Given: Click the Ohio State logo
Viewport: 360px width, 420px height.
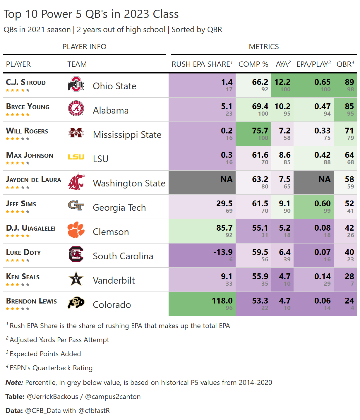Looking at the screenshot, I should point(76,84).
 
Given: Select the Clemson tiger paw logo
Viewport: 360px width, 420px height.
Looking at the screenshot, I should point(76,230).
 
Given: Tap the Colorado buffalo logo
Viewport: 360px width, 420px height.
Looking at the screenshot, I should point(76,303).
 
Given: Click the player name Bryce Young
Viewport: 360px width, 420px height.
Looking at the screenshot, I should point(28,107).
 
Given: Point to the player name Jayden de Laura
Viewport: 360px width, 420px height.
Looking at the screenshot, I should point(34,179).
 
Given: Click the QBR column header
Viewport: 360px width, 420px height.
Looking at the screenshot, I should point(345,64).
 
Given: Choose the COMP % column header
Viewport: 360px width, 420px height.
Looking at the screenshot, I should point(253,64).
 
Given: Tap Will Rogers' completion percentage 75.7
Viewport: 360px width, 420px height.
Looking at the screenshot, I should point(260,131).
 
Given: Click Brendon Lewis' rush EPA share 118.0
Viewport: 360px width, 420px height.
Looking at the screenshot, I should point(222,301).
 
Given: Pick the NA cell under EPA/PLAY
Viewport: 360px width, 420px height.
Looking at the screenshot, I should point(324,179).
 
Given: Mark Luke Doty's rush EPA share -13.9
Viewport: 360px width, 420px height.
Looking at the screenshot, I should point(223,252).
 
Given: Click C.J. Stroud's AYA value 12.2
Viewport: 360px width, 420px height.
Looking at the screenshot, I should point(282,82).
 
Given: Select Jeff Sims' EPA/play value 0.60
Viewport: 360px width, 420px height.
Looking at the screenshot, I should point(322,203).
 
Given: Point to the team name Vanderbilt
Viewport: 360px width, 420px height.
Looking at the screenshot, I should point(114,280).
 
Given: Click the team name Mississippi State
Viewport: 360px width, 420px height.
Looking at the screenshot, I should point(127,135).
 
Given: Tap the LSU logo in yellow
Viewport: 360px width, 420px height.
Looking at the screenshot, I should point(76,157).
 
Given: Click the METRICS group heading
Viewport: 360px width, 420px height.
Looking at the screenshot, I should point(264,47).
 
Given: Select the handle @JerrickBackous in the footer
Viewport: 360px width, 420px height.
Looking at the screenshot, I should point(52,397).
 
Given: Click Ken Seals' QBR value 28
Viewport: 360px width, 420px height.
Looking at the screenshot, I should point(349,276).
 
